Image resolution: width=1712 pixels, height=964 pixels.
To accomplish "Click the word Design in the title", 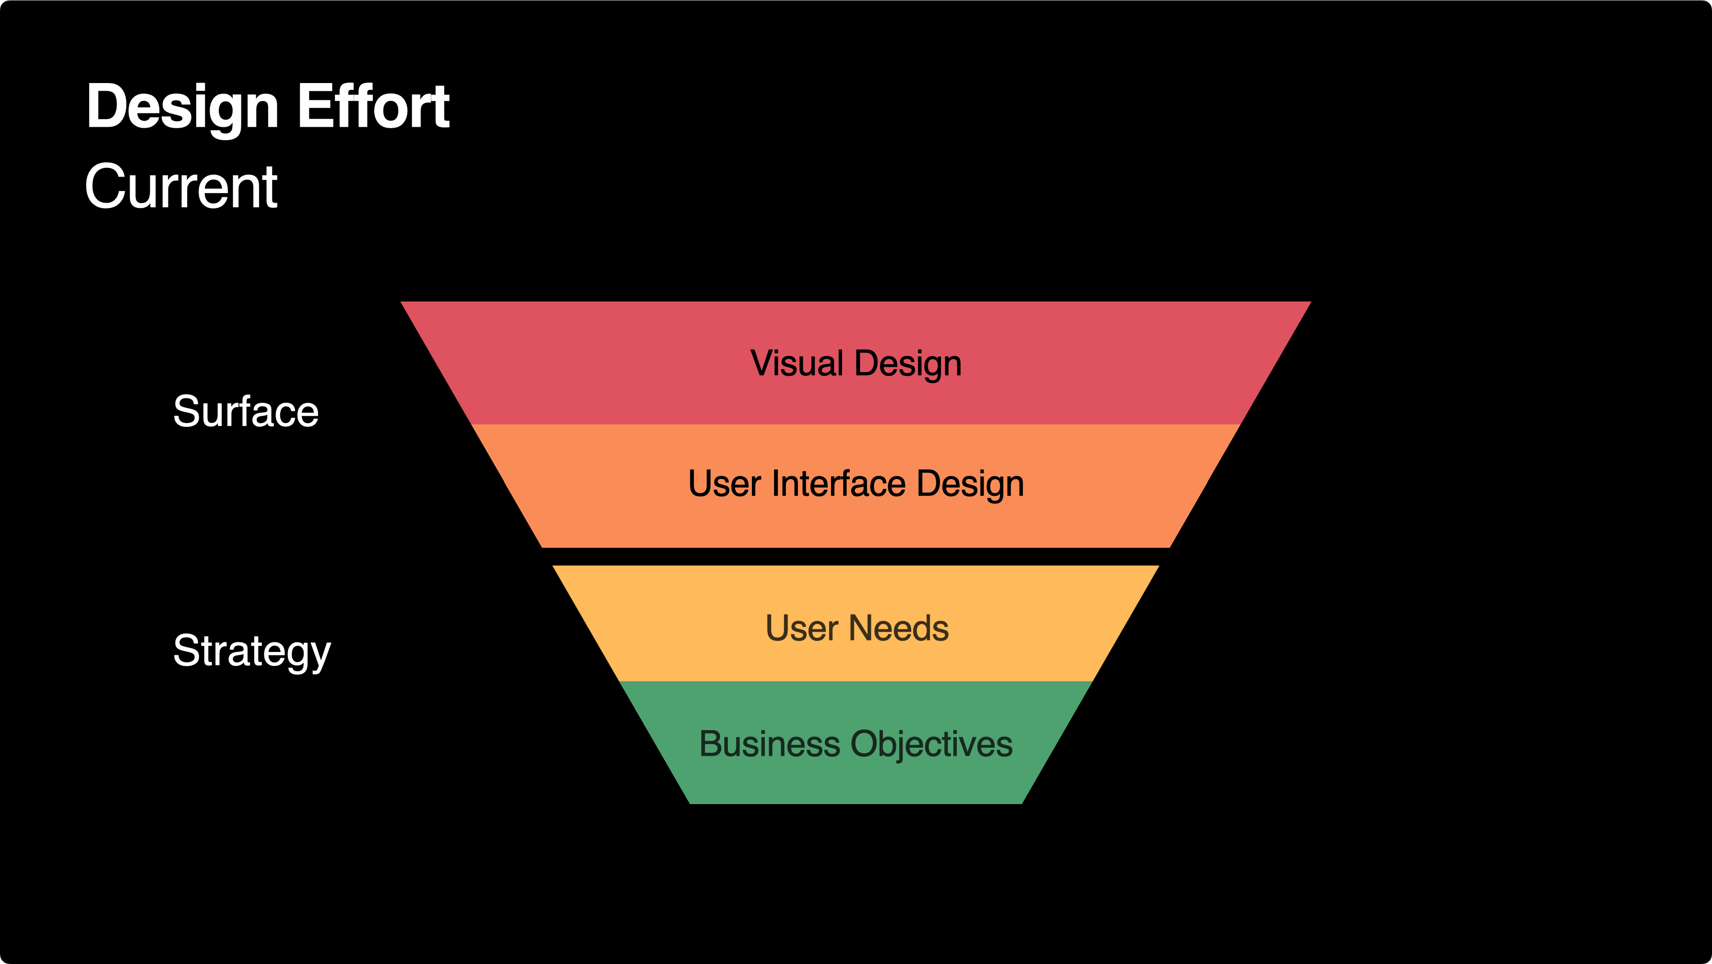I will pos(182,108).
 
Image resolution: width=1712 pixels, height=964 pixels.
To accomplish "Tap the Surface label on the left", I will pos(246,411).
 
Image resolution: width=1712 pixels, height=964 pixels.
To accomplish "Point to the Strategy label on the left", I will pos(252,651).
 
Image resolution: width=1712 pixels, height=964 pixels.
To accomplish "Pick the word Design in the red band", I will pos(908,364).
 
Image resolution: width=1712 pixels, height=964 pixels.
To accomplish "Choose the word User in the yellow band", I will pos(801,628).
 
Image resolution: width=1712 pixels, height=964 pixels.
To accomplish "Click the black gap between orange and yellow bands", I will pos(856,556).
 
